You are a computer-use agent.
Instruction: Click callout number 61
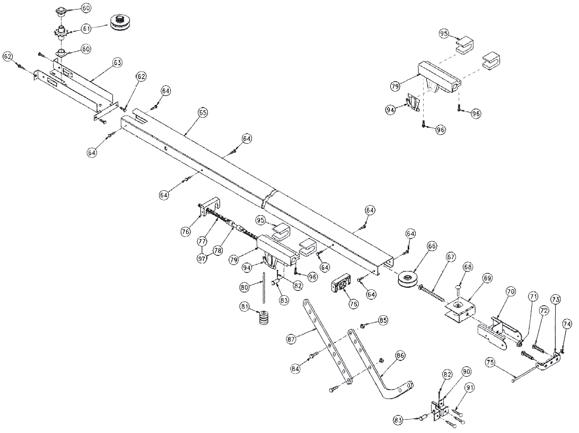86,28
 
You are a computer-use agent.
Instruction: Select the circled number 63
117,63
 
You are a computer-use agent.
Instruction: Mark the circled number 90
467,371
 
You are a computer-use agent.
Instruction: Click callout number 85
383,321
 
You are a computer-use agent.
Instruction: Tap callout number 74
567,324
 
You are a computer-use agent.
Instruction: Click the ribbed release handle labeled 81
264,320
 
